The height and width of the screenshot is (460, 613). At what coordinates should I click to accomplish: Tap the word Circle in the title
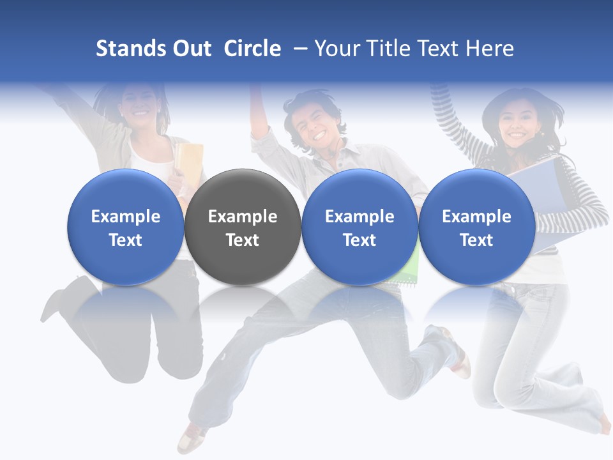(252, 49)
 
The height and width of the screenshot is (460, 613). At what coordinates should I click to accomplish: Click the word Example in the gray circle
(243, 217)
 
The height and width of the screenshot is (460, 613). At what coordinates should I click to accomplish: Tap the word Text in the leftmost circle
(125, 240)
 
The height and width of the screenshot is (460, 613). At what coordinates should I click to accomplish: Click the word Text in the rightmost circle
(476, 240)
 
